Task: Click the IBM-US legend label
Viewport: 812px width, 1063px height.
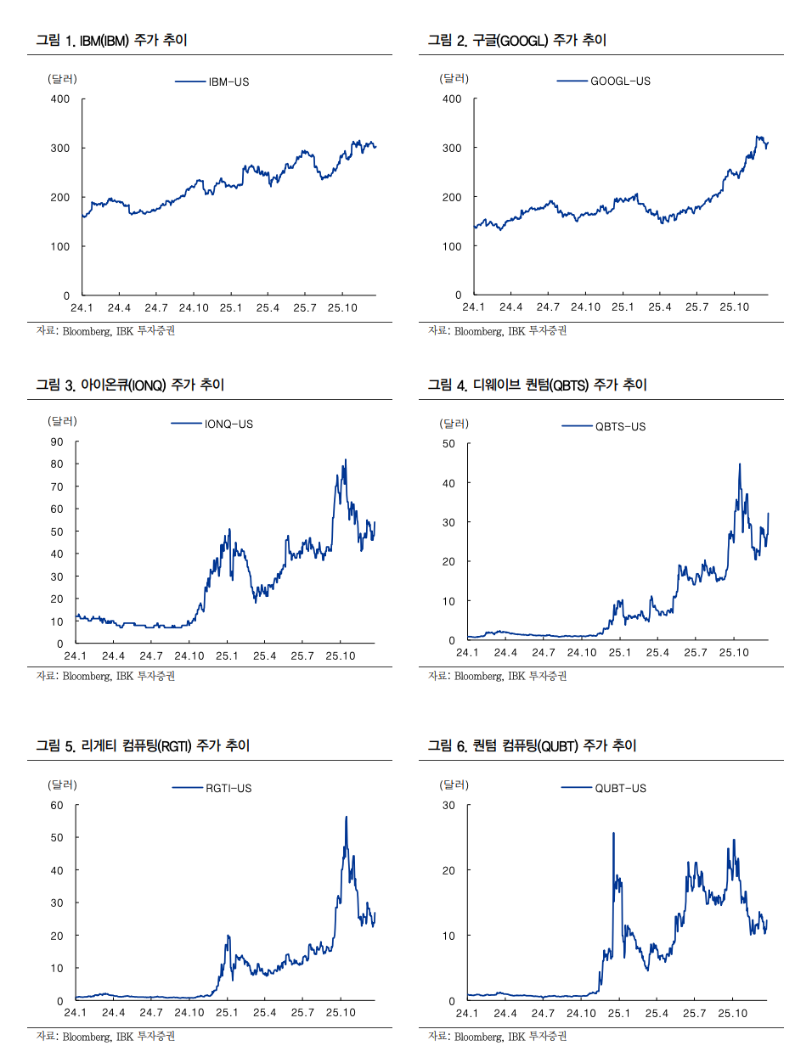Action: pos(228,82)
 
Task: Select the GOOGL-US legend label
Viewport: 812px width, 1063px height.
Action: pos(620,82)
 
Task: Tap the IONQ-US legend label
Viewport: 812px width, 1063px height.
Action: pos(228,425)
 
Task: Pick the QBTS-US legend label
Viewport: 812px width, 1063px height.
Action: pos(620,427)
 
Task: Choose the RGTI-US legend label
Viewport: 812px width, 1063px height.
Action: pos(228,789)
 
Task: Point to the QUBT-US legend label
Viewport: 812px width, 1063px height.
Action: pos(620,789)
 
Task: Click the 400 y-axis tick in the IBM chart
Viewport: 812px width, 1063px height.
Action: pos(60,99)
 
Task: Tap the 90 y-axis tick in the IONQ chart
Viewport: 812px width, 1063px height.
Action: pos(57,442)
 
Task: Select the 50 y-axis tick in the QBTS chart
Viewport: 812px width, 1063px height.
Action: pos(448,444)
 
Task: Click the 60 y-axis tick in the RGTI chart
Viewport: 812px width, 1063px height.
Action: pos(57,806)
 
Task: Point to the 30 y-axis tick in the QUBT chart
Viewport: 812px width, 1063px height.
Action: pos(448,806)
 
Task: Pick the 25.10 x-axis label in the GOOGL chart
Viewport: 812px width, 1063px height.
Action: pos(735,307)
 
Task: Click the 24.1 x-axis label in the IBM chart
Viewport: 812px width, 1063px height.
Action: pos(82,308)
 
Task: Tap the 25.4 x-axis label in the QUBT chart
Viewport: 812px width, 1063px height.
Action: pos(657,1014)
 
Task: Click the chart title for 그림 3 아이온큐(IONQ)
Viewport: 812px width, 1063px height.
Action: pos(130,385)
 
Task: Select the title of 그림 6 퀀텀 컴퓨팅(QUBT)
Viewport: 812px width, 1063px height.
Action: pos(532,746)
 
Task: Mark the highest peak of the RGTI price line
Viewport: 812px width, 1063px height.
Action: pos(346,818)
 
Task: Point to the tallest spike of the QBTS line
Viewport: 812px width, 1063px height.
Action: pos(740,464)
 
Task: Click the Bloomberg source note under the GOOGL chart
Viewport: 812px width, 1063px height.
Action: pos(497,331)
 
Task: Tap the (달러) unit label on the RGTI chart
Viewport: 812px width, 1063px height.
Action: pos(62,785)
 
